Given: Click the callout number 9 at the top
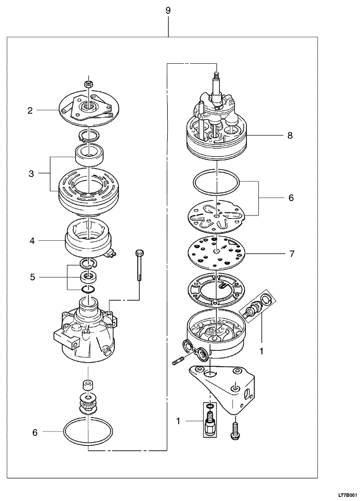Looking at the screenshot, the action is pyautogui.click(x=168, y=10).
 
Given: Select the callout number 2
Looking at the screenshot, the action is pyautogui.click(x=30, y=111).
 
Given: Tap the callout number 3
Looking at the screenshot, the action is pyautogui.click(x=31, y=174).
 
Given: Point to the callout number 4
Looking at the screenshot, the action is pyautogui.click(x=32, y=241).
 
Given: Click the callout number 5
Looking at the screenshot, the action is pyautogui.click(x=32, y=277).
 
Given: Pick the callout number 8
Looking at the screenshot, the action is pyautogui.click(x=290, y=135).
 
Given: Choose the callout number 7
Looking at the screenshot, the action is pyautogui.click(x=291, y=254).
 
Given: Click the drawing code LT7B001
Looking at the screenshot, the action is pyautogui.click(x=347, y=495).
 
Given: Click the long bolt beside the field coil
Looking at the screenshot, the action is pyautogui.click(x=139, y=265).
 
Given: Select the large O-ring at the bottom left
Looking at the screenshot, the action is pyautogui.click(x=88, y=432).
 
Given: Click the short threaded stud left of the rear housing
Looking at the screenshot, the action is pyautogui.click(x=177, y=362).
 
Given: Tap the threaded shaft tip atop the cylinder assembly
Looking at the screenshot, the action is pyautogui.click(x=217, y=76).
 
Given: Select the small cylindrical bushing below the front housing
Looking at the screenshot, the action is pyautogui.click(x=88, y=385).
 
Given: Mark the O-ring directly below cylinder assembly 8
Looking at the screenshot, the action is pyautogui.click(x=216, y=182).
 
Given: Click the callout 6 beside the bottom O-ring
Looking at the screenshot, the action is pyautogui.click(x=35, y=433).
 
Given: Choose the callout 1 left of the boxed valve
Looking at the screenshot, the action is pyautogui.click(x=178, y=421).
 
